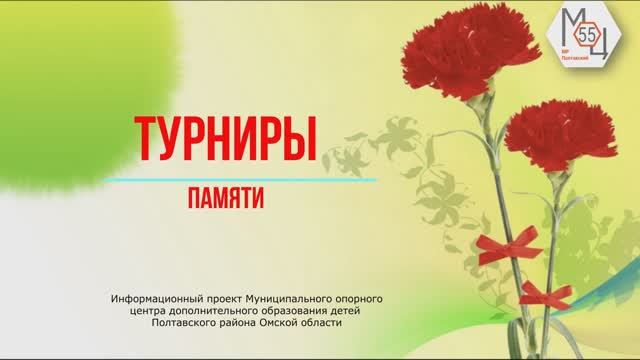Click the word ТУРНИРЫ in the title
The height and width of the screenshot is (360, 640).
tap(224, 141)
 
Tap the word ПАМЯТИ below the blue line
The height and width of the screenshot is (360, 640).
tap(225, 199)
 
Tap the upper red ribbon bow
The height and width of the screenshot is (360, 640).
tap(511, 244)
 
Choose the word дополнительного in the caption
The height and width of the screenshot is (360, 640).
tap(226, 311)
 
